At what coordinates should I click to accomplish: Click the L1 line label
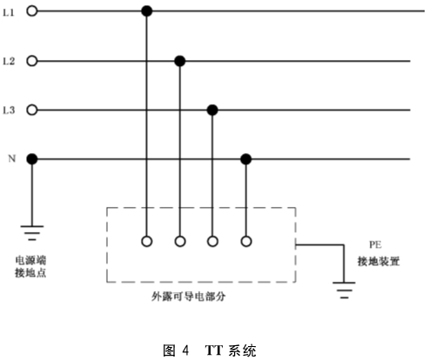(x=9, y=12)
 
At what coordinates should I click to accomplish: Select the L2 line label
(x=9, y=62)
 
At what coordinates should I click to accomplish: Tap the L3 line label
(x=9, y=110)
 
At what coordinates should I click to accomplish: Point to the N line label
(x=11, y=158)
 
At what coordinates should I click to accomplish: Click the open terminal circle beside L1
(x=32, y=11)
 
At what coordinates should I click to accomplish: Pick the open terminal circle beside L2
(x=32, y=61)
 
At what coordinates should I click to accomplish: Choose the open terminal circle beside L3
(x=32, y=110)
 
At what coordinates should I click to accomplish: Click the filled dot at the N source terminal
(x=32, y=159)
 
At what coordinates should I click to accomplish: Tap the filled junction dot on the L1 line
(x=147, y=11)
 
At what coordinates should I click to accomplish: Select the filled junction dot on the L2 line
(x=180, y=61)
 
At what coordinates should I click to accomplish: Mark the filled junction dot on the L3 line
(x=212, y=110)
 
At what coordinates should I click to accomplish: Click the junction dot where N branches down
(x=246, y=159)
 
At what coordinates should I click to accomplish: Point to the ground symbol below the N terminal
(x=32, y=233)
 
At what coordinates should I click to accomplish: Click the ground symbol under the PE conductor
(x=344, y=290)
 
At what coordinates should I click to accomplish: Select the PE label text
(x=375, y=245)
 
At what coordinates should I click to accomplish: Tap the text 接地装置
(x=379, y=262)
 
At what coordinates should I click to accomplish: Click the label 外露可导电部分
(x=188, y=297)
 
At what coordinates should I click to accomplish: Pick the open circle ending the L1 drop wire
(x=147, y=241)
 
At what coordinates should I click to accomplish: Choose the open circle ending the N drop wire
(x=246, y=241)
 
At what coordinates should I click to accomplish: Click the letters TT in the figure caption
(x=214, y=350)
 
